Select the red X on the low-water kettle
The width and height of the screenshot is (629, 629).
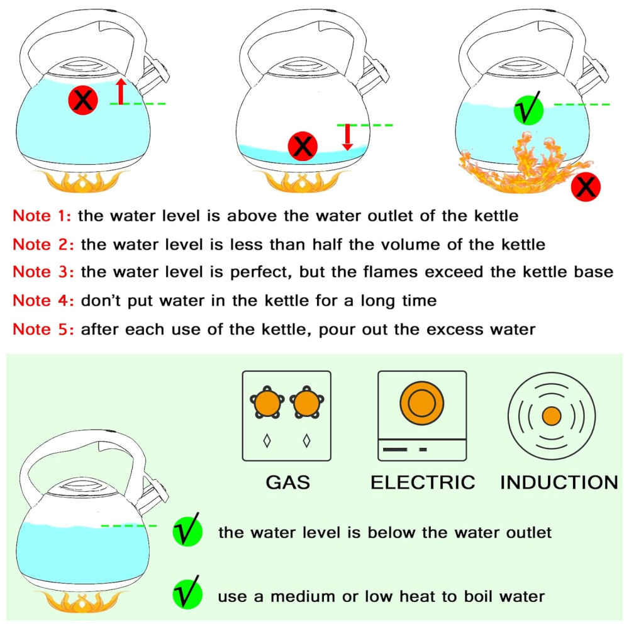[x=303, y=147]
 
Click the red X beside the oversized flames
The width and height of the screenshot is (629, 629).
[x=586, y=187]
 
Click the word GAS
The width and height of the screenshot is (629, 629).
[x=287, y=482]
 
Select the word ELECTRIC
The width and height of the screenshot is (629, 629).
[x=422, y=482]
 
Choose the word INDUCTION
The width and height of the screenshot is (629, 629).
[x=559, y=482]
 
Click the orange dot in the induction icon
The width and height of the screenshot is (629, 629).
[x=552, y=416]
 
